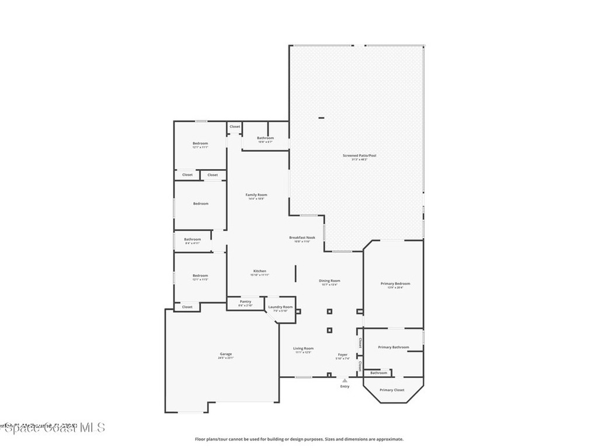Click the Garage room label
[x=226, y=355]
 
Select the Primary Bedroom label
[x=395, y=284]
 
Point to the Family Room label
[x=256, y=195]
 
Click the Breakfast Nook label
[x=302, y=238]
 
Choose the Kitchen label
[x=260, y=271]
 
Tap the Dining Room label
[x=329, y=281]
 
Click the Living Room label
[x=303, y=349]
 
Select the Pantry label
[x=245, y=302]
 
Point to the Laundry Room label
[x=280, y=307]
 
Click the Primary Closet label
[x=391, y=390]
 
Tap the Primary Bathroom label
[x=393, y=347]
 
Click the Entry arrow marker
[x=345, y=381]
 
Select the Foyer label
[x=343, y=355]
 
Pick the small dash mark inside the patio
[x=321, y=118]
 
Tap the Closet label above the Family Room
[x=234, y=127]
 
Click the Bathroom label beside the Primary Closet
[x=378, y=373]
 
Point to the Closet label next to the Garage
[x=187, y=307]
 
